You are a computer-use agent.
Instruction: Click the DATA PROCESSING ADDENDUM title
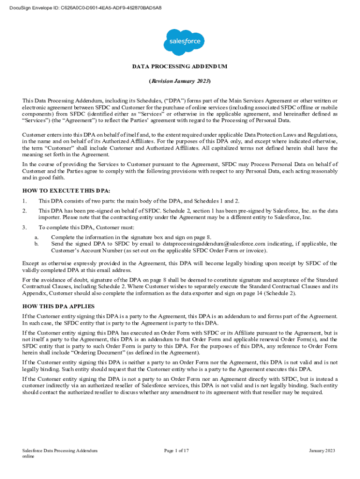click(180, 66)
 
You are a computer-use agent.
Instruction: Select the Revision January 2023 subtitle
click(180, 81)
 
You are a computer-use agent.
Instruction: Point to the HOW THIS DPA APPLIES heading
click(59, 306)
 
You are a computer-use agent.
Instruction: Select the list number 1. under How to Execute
click(25, 201)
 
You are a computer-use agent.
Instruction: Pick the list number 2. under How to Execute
click(25, 211)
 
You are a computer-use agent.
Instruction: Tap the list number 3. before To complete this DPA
click(25, 227)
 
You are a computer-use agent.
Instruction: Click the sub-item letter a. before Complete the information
click(36, 237)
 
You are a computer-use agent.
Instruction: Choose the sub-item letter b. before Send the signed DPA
click(36, 244)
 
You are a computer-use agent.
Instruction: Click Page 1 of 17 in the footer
click(176, 450)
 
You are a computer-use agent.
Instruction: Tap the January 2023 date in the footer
click(322, 450)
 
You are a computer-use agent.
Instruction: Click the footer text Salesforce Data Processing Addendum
click(60, 450)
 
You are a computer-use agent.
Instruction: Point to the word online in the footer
click(29, 457)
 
